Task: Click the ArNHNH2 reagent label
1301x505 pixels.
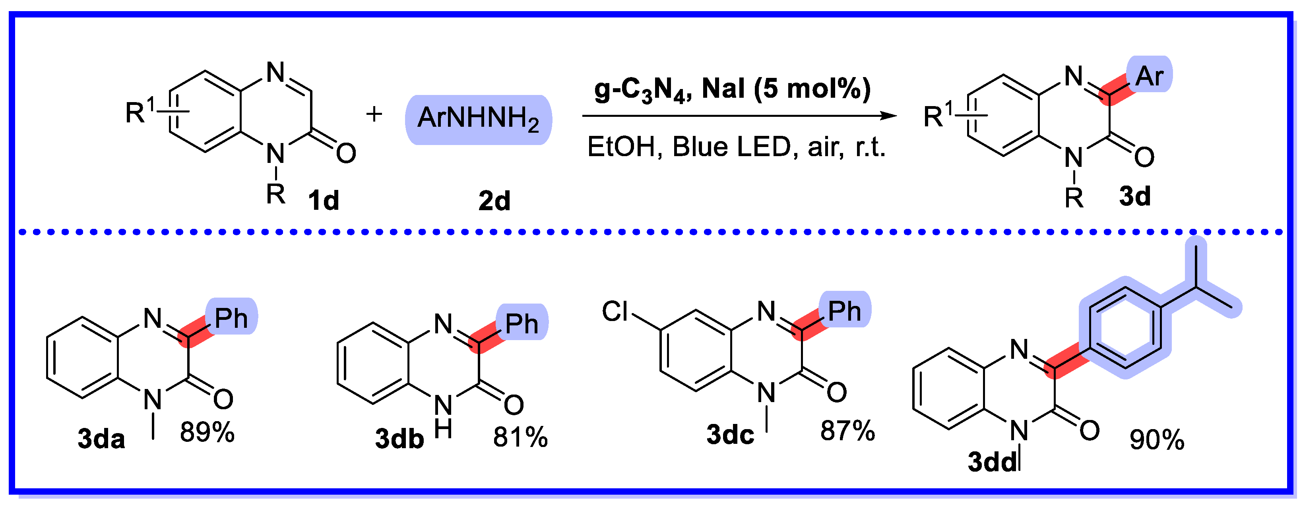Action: pos(478,119)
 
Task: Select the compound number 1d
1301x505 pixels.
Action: pos(323,201)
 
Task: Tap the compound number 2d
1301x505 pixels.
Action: pos(494,201)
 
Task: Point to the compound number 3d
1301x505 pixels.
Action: pos(1135,196)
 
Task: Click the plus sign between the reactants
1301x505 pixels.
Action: pos(374,114)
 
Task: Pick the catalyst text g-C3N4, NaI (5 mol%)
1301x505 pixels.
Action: pos(732,89)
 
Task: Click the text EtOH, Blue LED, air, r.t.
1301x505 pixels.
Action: pos(736,147)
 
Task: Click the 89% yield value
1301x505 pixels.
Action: pos(207,433)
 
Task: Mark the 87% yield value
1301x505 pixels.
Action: pos(847,431)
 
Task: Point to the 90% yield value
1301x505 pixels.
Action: pos(1157,440)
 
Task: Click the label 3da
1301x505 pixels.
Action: pos(101,438)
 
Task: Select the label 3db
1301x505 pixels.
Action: pos(399,438)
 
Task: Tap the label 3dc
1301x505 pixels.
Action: pos(730,434)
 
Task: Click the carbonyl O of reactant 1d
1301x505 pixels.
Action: pos(346,153)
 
